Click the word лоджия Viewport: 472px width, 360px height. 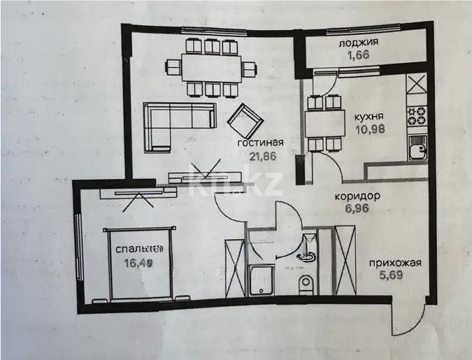pos(358,42)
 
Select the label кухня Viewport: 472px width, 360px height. pos(367,117)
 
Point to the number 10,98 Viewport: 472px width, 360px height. pos(368,129)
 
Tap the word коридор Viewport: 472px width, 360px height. pos(357,196)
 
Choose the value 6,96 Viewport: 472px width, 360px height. pos(357,208)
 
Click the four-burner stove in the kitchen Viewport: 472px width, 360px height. pos(417,115)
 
